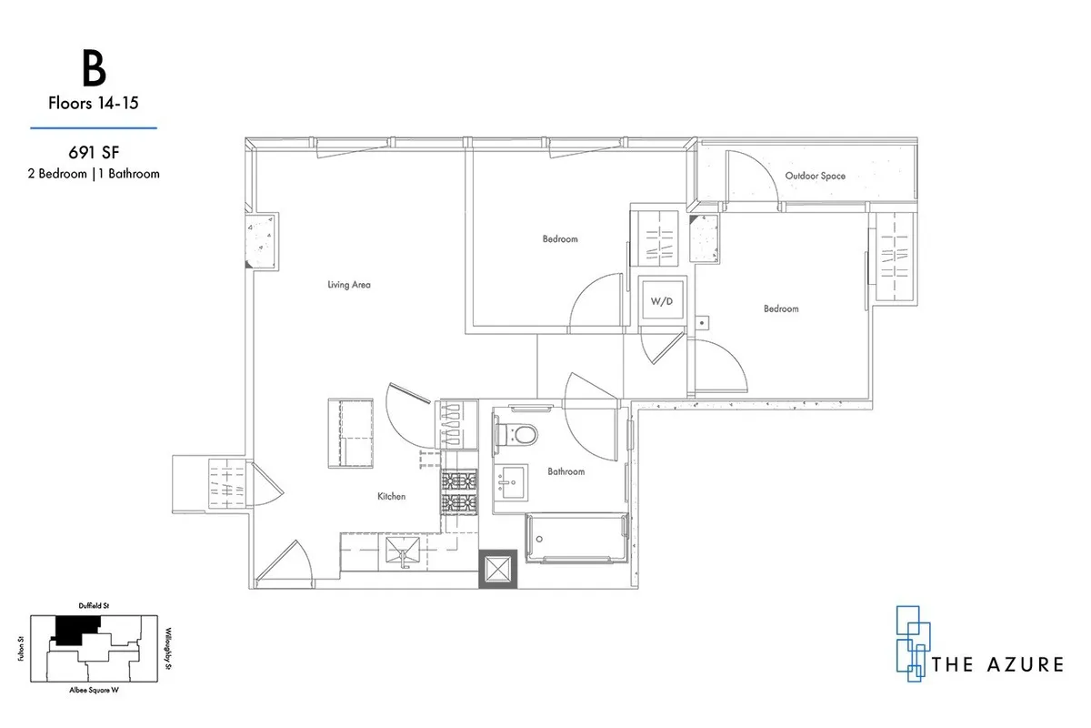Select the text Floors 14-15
tap(93, 104)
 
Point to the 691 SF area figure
tap(94, 154)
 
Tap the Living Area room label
tap(349, 285)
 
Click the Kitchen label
tap(391, 496)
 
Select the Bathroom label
tap(566, 471)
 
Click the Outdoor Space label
tap(816, 176)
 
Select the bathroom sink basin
tap(511, 480)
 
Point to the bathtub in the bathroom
tap(576, 537)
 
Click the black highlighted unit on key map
tap(76, 628)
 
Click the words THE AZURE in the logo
tap(997, 664)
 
